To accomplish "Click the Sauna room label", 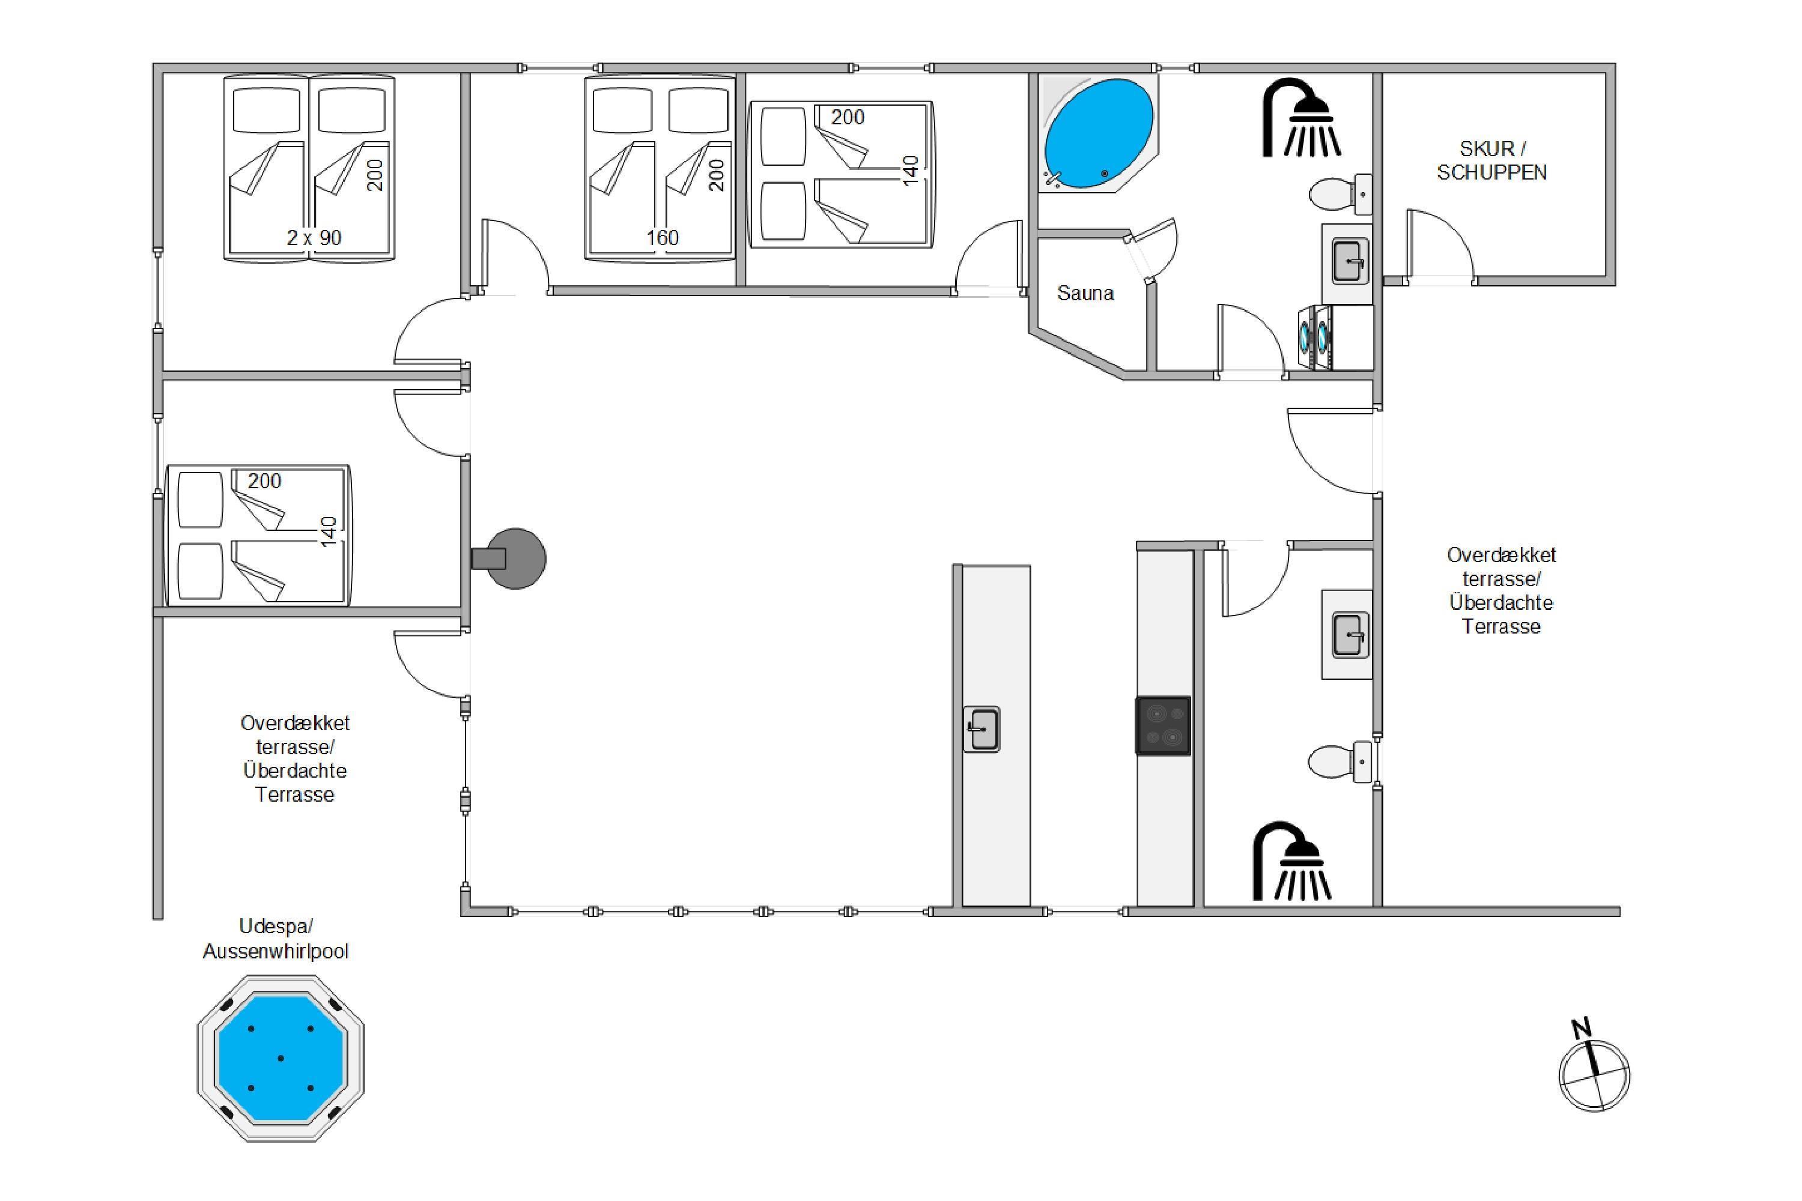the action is coord(1085,294).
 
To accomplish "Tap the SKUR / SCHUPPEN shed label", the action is coord(1491,161).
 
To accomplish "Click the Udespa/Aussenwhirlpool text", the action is coord(276,939).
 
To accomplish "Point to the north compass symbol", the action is coord(1594,1068).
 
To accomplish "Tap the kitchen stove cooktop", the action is coord(1163,725).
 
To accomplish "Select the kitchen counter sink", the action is coord(981,729).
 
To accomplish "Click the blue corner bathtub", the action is coord(1097,133).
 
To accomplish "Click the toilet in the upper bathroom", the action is coord(1340,194).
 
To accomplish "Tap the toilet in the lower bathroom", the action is coord(1339,761).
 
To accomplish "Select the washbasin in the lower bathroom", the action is coord(1347,635).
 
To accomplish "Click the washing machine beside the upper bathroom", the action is coord(1315,337).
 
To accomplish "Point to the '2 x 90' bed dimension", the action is coord(314,238).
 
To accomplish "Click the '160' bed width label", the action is coord(663,238).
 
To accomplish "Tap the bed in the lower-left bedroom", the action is coord(258,534).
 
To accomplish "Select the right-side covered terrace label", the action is coord(1501,590).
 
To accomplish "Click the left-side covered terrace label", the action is coord(295,759).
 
